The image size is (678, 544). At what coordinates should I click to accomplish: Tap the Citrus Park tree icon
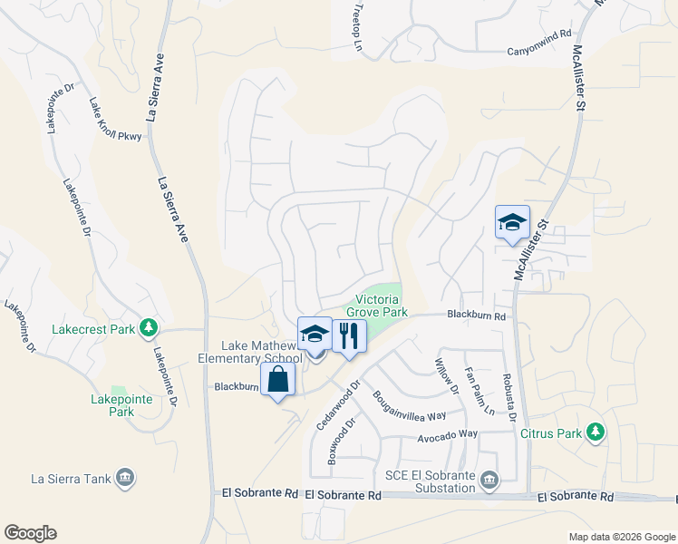[596, 432]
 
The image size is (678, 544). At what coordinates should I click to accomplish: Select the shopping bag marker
[278, 380]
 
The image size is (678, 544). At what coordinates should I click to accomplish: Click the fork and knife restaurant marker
[348, 336]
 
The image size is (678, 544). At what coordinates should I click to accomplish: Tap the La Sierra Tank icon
[125, 477]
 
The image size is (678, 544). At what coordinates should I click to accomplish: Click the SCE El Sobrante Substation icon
[489, 478]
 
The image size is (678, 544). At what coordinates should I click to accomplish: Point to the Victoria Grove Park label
[382, 305]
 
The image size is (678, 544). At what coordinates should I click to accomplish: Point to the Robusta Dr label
[509, 399]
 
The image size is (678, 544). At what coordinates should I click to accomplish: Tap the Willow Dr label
[448, 375]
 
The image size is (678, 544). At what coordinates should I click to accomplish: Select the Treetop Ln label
[356, 31]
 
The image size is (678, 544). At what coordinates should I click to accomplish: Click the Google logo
[30, 533]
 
